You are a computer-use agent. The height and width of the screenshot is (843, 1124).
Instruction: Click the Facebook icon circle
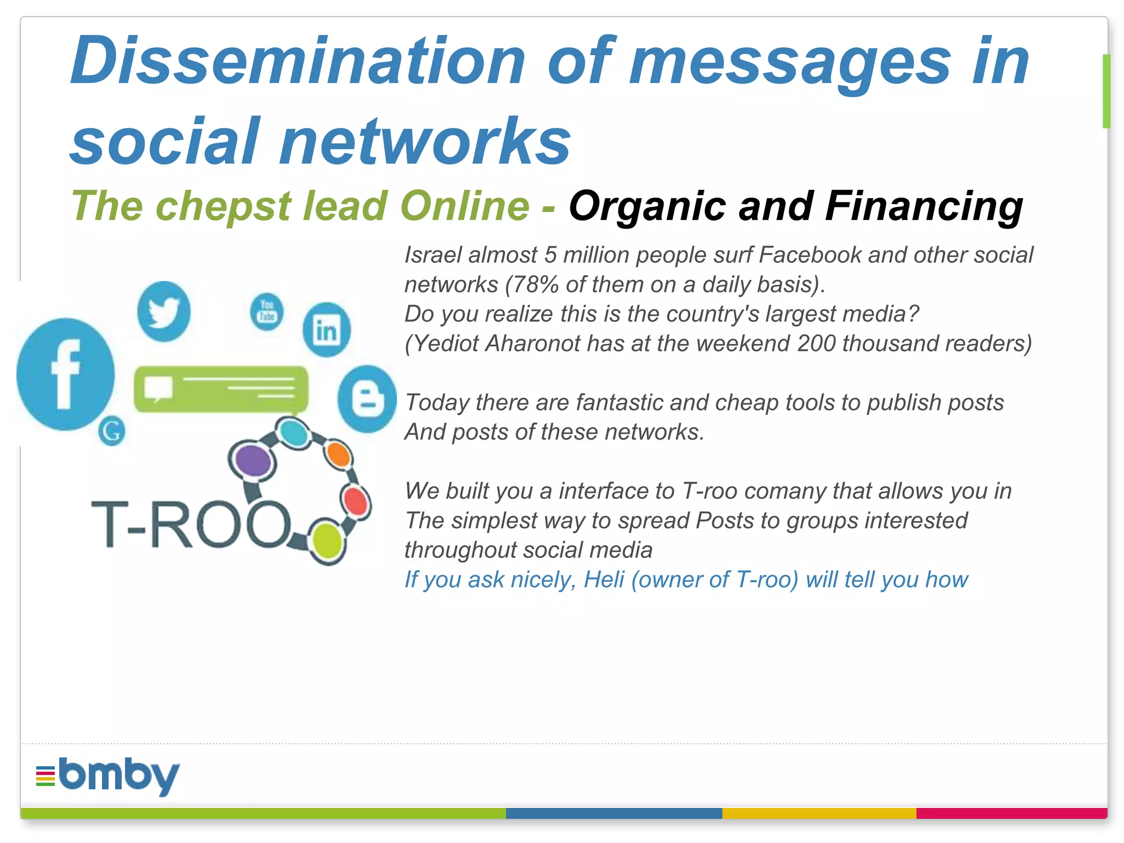(65, 374)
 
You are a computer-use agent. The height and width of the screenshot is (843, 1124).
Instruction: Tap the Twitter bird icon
(164, 311)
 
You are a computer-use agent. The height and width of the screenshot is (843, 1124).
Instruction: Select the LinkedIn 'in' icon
(327, 330)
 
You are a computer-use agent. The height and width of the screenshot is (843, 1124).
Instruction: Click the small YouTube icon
(267, 312)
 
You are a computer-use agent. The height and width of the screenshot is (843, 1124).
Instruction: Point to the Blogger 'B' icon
(367, 399)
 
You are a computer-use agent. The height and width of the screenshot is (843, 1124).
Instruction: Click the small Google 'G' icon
(112, 431)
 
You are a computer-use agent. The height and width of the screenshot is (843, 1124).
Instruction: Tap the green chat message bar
(221, 389)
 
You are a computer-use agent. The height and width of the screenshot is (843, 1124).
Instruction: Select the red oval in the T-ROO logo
(356, 501)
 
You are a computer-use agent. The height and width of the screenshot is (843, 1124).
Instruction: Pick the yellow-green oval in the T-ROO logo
(327, 541)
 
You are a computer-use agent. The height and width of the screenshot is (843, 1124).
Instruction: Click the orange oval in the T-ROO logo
(338, 454)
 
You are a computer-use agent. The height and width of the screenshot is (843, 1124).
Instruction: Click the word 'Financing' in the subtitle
(924, 206)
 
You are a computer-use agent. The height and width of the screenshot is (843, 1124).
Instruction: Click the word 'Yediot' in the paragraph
(445, 344)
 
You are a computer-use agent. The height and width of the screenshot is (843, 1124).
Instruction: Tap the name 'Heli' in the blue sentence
(604, 580)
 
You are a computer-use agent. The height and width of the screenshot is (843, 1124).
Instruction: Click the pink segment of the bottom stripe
(1011, 813)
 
